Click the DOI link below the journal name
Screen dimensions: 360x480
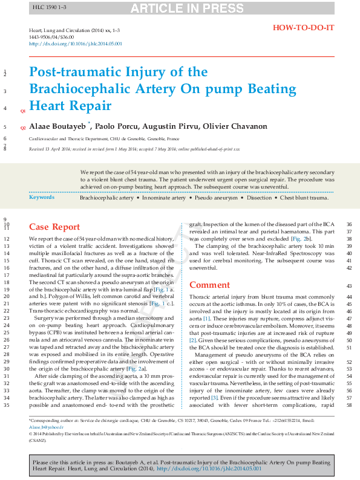click(76, 44)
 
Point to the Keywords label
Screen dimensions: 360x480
click(42, 198)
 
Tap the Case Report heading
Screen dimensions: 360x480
click(54, 227)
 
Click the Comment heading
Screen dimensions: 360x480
click(209, 285)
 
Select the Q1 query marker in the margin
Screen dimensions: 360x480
click(23, 111)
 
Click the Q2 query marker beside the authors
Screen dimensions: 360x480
click(23, 128)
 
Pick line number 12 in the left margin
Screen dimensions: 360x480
click(7, 239)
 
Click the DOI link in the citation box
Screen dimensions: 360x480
click(213, 469)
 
